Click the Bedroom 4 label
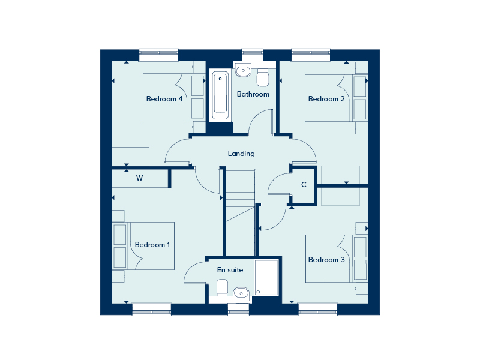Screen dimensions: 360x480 pyautogui.click(x=164, y=99)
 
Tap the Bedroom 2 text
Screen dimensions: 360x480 pyautogui.click(x=326, y=99)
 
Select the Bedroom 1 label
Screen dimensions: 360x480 pyautogui.click(x=152, y=245)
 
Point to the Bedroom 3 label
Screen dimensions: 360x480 pyautogui.click(x=326, y=260)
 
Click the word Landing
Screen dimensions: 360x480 pyautogui.click(x=241, y=154)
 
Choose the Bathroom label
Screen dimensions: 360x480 pyautogui.click(x=253, y=94)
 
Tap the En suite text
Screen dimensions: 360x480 pyautogui.click(x=230, y=270)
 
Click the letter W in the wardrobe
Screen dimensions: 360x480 pyautogui.click(x=139, y=178)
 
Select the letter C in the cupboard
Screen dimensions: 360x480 pyautogui.click(x=304, y=185)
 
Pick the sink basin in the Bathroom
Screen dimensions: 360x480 pyautogui.click(x=243, y=71)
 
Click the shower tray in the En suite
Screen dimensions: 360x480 pyautogui.click(x=266, y=277)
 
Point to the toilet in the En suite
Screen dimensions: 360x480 pyautogui.click(x=221, y=288)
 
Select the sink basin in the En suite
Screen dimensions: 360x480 pyautogui.click(x=241, y=293)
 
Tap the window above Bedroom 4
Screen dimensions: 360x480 pyautogui.click(x=159, y=55)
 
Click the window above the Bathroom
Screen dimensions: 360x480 pyautogui.click(x=253, y=55)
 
